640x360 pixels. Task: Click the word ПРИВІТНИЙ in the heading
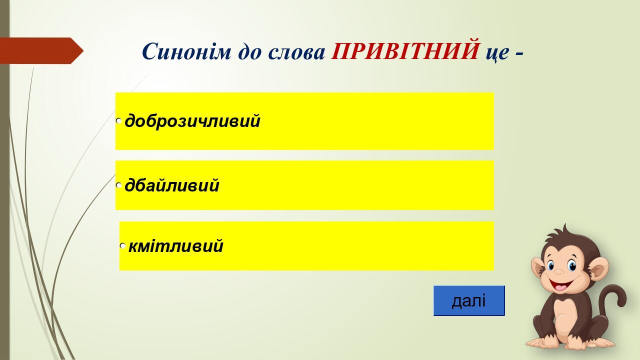pyautogui.click(x=405, y=51)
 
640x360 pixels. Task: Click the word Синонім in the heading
pyautogui.click(x=186, y=51)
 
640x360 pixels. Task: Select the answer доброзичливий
pyautogui.click(x=192, y=121)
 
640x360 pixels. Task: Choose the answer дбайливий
pyautogui.click(x=172, y=185)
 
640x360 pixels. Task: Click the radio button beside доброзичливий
pyautogui.click(x=119, y=121)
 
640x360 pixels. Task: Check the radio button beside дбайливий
pyautogui.click(x=119, y=185)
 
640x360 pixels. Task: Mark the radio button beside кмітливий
pyautogui.click(x=122, y=245)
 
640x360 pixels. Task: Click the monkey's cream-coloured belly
pyautogui.click(x=563, y=317)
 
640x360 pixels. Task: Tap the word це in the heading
pyautogui.click(x=497, y=53)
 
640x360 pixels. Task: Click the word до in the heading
pyautogui.click(x=249, y=51)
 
